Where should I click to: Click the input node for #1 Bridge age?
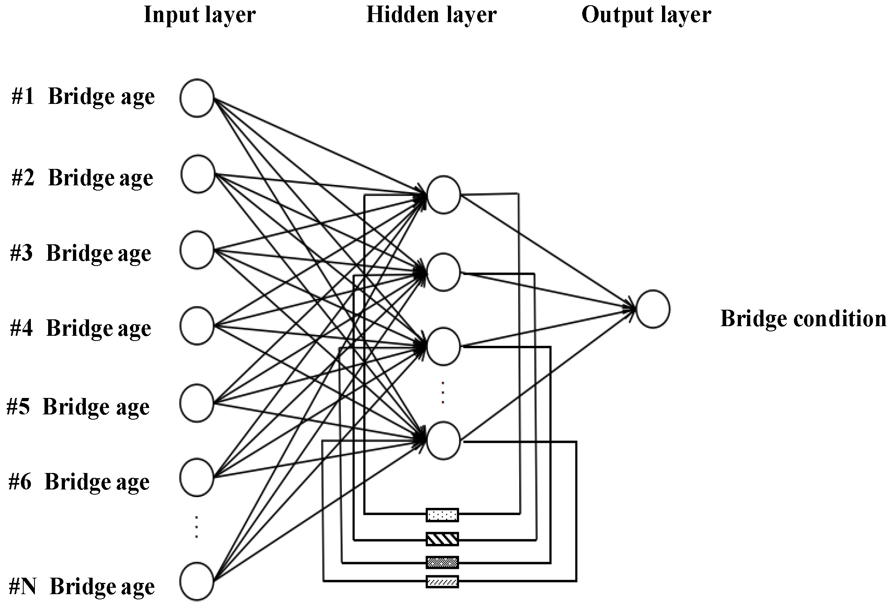[x=196, y=98]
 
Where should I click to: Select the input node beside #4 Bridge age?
[x=196, y=325]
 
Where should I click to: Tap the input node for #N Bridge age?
[x=196, y=581]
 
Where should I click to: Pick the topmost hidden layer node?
[x=443, y=195]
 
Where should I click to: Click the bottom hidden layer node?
[x=443, y=440]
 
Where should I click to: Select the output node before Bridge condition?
[x=653, y=309]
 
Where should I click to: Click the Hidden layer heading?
[x=431, y=15]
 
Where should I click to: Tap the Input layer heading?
[x=199, y=15]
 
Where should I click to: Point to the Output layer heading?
[x=646, y=15]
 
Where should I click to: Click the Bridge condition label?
[x=803, y=319]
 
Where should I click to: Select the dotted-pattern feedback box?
[x=442, y=515]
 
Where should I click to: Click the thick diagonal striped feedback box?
[x=442, y=539]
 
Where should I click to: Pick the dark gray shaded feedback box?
[x=442, y=562]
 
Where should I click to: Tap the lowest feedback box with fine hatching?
[x=442, y=581]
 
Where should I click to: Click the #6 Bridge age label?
[x=79, y=482]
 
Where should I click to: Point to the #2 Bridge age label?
[x=82, y=178]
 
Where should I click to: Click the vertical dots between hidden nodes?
[x=443, y=393]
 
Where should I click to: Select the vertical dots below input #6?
[x=196, y=527]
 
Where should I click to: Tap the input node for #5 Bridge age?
[x=196, y=403]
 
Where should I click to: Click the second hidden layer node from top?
[x=443, y=272]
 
